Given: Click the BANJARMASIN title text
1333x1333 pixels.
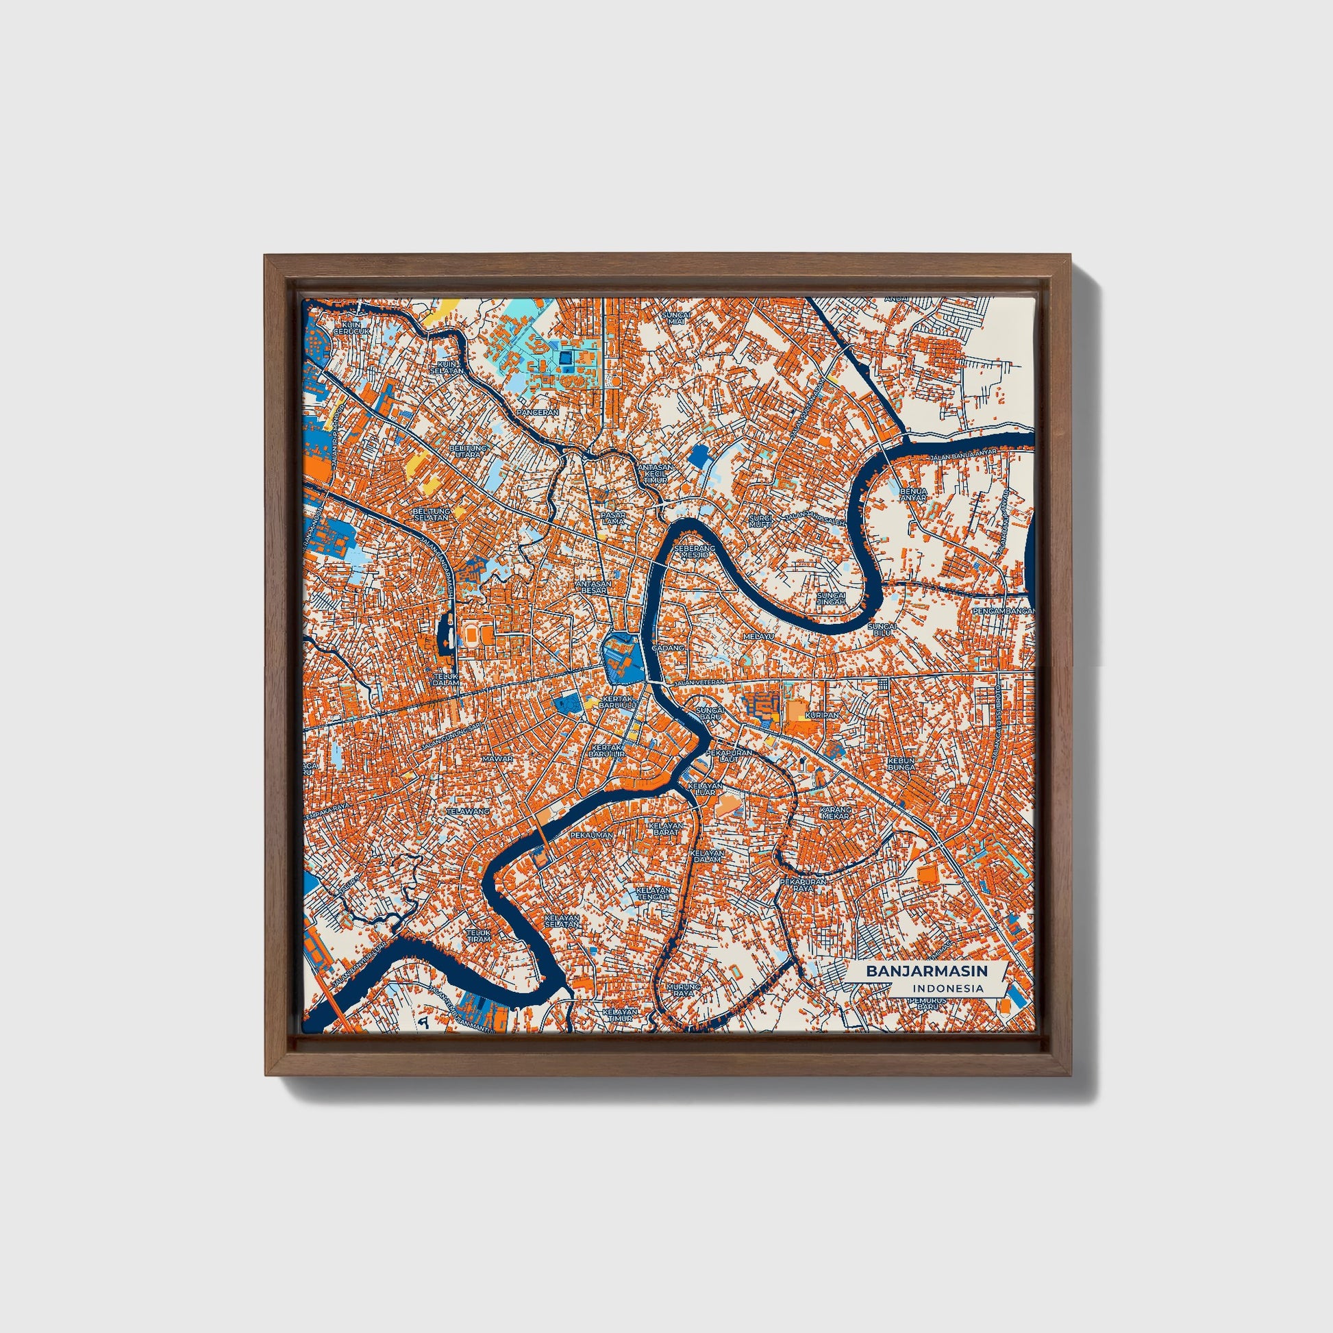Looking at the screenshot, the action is tap(927, 971).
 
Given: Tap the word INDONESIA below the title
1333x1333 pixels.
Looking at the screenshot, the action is tap(947, 988).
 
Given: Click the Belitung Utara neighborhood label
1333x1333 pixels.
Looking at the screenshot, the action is tap(469, 451).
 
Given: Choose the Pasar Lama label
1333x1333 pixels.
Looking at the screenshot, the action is tap(612, 517).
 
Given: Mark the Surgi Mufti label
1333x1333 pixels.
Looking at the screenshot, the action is tap(762, 520).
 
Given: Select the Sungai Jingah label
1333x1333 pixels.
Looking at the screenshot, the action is tap(830, 597).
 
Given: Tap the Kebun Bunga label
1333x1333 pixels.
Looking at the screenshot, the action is tap(901, 763).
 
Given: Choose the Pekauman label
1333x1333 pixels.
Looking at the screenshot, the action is tap(591, 835).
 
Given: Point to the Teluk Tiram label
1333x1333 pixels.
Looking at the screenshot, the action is tap(478, 935).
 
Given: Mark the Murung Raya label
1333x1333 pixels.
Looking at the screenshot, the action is tap(682, 990).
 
